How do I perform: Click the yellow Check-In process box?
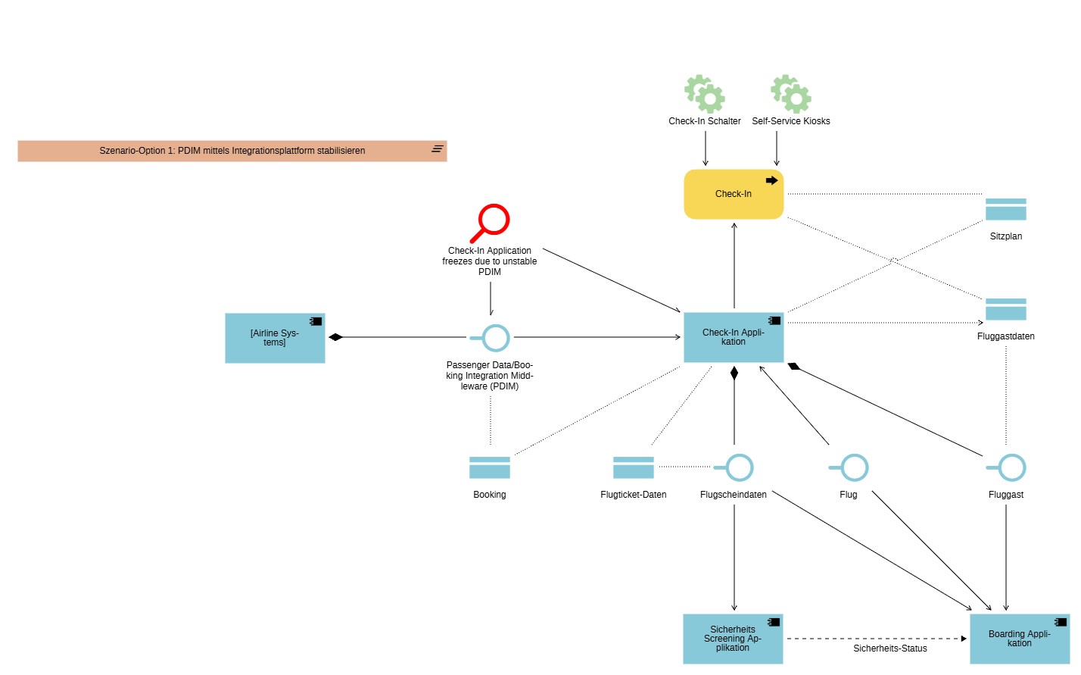tap(733, 195)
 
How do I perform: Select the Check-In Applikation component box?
tap(733, 338)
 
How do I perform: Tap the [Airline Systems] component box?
tap(275, 338)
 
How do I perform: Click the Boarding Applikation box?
tap(1019, 639)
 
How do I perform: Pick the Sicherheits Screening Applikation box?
tap(732, 639)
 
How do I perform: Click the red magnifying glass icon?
tap(491, 222)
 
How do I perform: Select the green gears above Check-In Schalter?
tap(705, 94)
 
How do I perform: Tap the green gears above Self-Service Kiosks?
tap(791, 94)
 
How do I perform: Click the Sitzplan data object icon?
tap(1005, 209)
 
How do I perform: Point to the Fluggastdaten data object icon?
tap(1005, 309)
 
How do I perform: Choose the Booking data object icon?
tap(490, 467)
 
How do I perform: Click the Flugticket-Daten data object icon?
tap(633, 467)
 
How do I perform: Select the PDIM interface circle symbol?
tap(495, 338)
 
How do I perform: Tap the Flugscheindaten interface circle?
tap(738, 467)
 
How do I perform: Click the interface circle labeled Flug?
tap(853, 467)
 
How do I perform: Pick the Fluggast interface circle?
tap(1011, 467)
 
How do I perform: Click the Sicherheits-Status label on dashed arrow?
tap(889, 648)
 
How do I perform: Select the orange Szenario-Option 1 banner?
tap(232, 151)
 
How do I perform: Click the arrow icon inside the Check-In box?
tap(771, 180)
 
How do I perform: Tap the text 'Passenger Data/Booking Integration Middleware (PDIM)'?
tap(490, 376)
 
